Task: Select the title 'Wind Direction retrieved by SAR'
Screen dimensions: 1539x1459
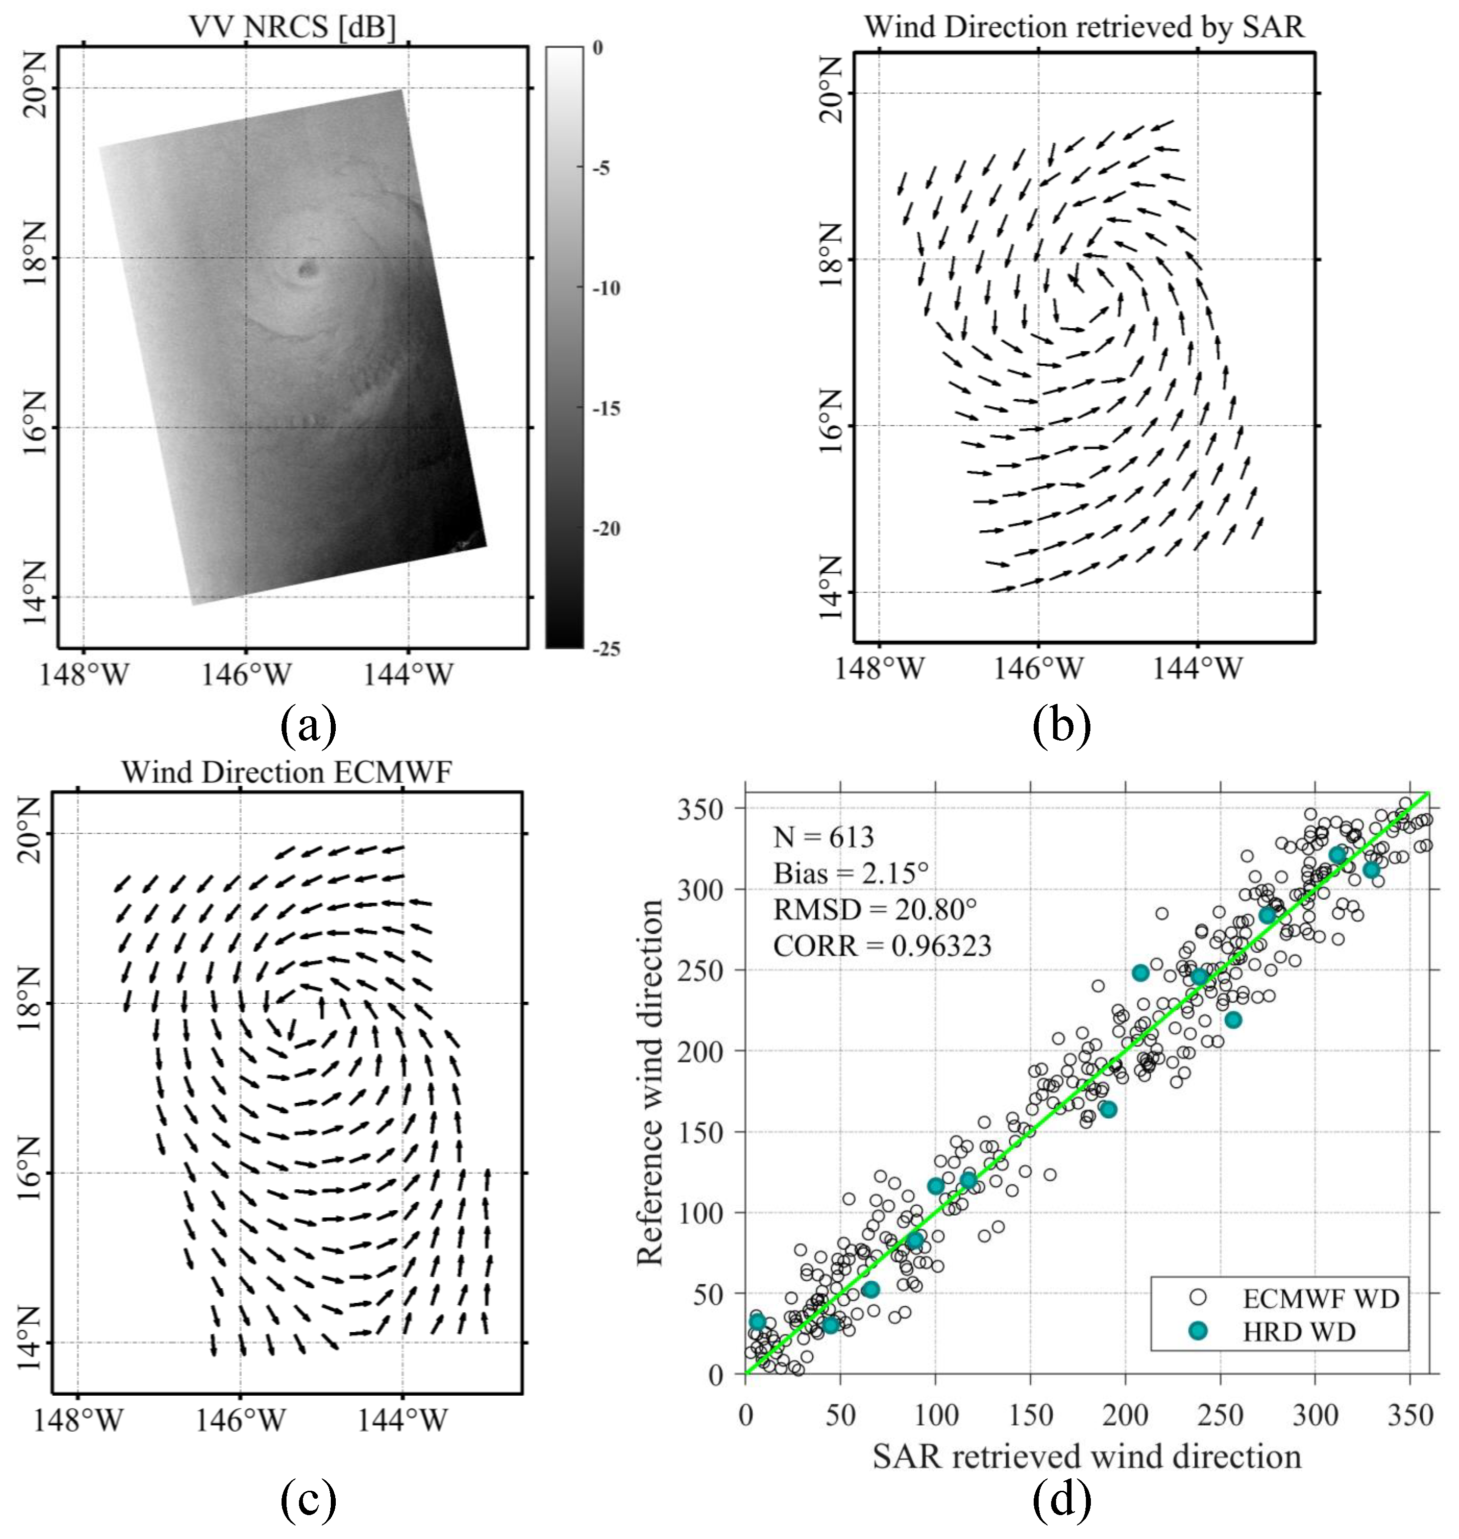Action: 1083,27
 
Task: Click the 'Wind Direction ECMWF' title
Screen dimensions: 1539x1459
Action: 286,772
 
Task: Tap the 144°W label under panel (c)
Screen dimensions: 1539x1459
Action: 402,1421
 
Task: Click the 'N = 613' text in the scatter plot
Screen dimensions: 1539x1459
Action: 824,838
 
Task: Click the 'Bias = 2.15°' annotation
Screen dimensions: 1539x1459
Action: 851,873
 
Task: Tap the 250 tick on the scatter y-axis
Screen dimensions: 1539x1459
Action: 700,970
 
